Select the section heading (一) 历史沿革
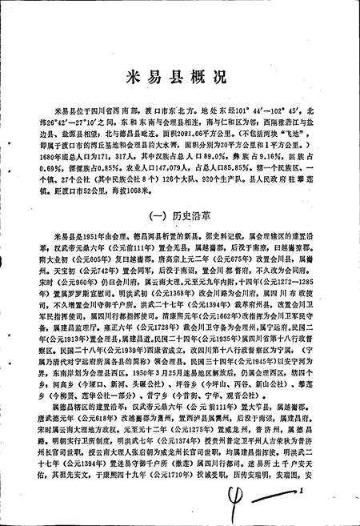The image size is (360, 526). (180, 215)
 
